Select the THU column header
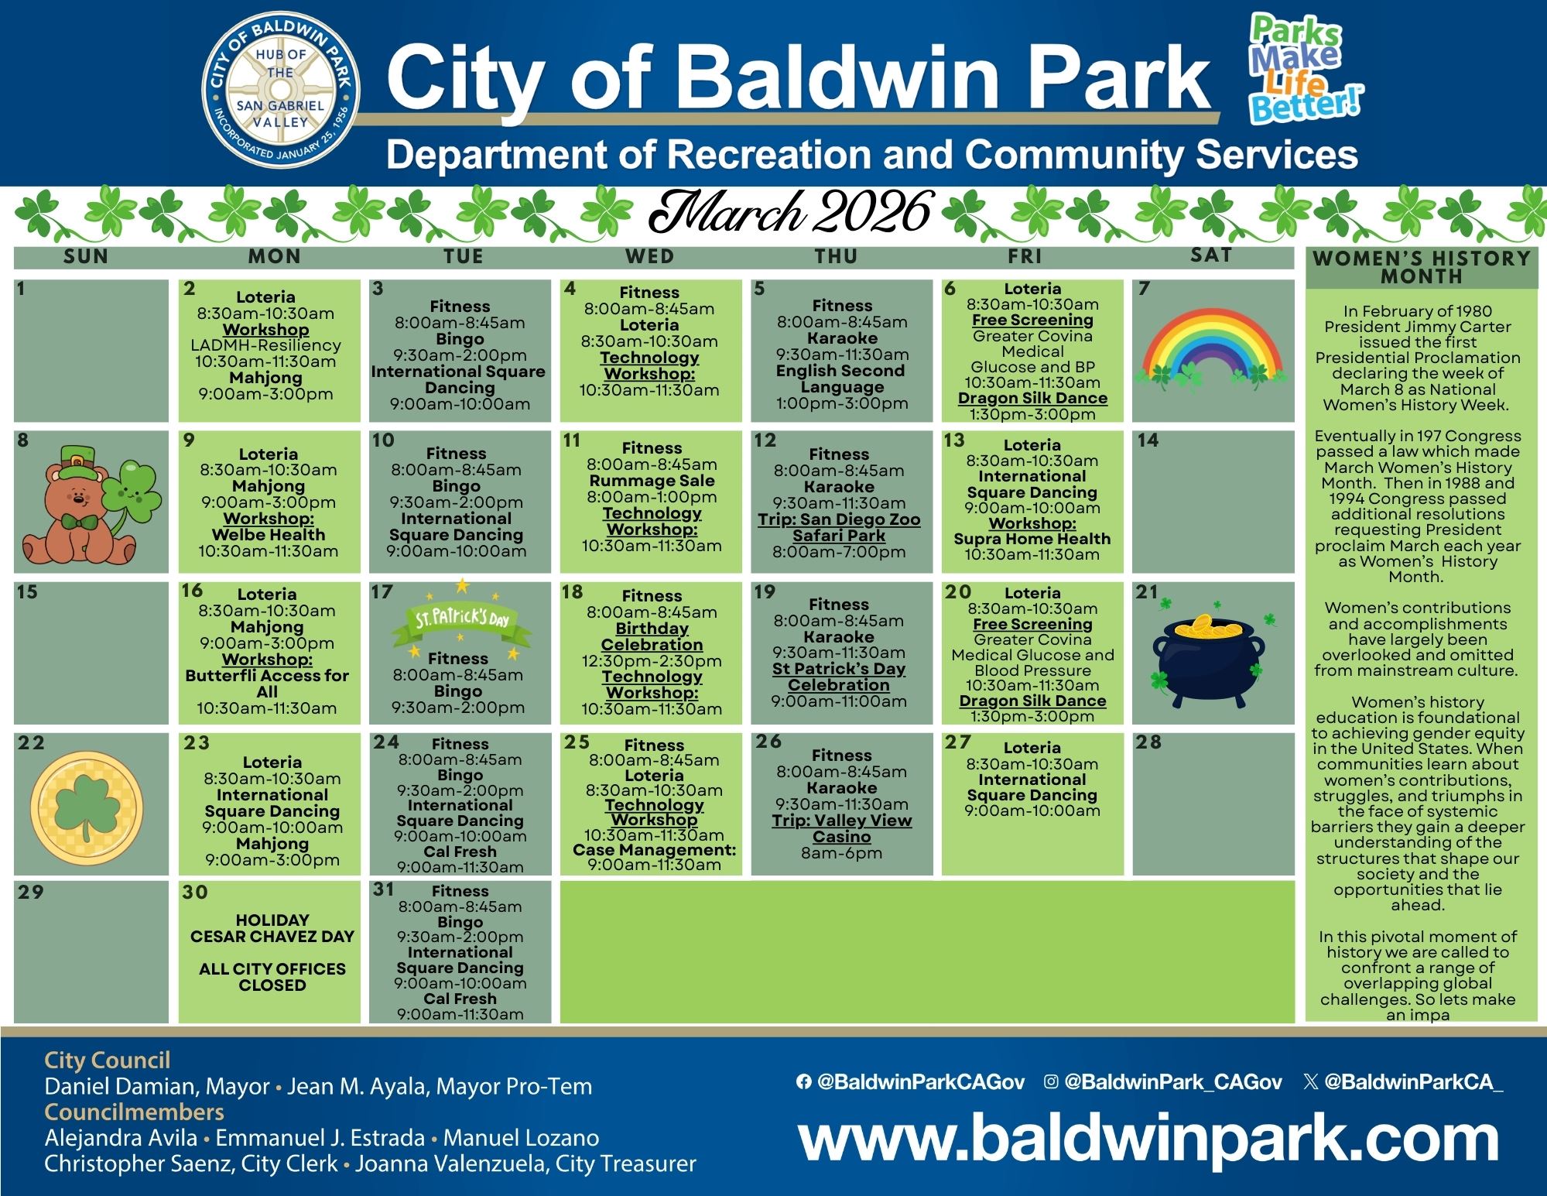tap(837, 256)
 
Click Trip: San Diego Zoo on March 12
tap(839, 527)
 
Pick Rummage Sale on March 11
tap(652, 481)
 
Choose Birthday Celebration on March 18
tap(652, 636)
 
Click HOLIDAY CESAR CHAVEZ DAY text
tap(272, 928)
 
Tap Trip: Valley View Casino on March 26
tap(841, 828)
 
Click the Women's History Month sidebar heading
tap(1421, 267)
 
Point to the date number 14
tap(1148, 440)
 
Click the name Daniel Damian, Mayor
tap(157, 1086)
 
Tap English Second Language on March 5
tap(841, 379)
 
